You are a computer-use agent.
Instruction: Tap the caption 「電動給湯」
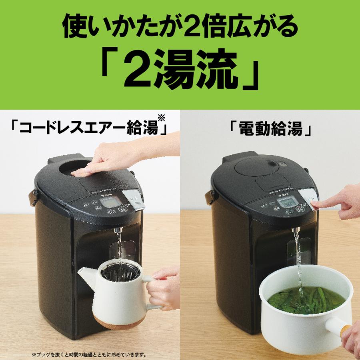coord(271,130)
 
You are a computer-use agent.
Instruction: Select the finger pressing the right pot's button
coord(320,205)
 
